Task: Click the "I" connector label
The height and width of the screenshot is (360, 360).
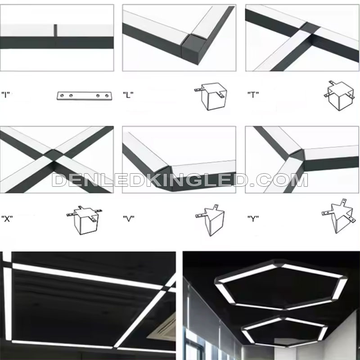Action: [5, 94]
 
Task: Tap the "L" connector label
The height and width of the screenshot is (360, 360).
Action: [128, 94]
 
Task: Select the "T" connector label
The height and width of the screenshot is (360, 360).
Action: [253, 94]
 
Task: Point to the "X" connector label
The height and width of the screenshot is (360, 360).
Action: [7, 219]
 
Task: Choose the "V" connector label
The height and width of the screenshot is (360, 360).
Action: [129, 219]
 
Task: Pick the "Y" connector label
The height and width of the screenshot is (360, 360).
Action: [253, 219]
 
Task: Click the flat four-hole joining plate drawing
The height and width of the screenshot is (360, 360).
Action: [85, 95]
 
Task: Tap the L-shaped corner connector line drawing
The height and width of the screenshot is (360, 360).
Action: [211, 96]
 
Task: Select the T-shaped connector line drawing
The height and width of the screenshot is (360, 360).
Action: [339, 95]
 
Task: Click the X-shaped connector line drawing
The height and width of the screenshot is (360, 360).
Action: [85, 220]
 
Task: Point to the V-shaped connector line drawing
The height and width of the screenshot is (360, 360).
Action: [210, 220]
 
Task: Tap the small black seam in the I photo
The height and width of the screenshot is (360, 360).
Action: [55, 30]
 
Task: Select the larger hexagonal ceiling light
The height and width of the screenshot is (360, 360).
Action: [280, 285]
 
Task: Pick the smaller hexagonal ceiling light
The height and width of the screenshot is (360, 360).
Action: [284, 331]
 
